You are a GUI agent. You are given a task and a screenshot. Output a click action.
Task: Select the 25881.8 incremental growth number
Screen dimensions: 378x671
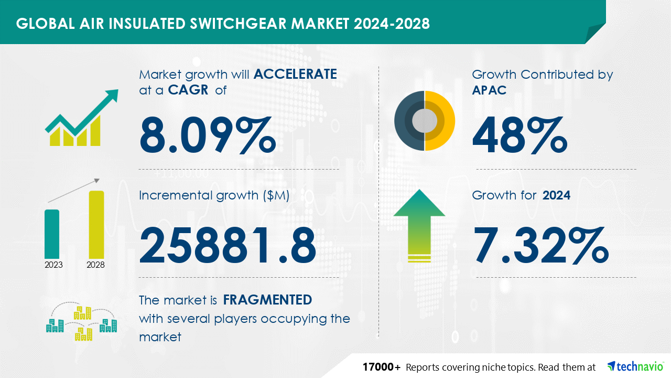click(228, 245)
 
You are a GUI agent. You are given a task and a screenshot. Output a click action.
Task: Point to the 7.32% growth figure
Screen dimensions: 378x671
click(540, 245)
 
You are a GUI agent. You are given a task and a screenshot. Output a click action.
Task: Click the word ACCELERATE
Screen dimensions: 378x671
click(295, 74)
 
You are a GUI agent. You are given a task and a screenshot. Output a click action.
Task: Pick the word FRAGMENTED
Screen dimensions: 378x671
click(267, 300)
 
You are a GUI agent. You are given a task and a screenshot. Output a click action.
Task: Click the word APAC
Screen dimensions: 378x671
click(489, 90)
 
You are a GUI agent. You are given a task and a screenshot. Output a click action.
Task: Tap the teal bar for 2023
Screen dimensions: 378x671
click(52, 234)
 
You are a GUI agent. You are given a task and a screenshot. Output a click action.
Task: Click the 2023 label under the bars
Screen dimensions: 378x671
click(53, 265)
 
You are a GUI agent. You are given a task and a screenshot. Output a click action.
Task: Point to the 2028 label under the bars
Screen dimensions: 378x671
click(95, 265)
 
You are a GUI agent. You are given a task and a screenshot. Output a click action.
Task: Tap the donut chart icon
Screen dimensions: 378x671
click(425, 121)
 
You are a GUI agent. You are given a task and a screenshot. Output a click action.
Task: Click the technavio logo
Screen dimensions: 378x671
click(636, 366)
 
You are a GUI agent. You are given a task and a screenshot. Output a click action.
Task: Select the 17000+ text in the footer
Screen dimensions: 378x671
click(382, 366)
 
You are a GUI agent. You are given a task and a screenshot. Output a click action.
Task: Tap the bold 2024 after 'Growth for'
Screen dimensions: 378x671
click(556, 196)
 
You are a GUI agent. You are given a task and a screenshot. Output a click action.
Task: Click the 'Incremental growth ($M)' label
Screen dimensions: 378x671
click(214, 196)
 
